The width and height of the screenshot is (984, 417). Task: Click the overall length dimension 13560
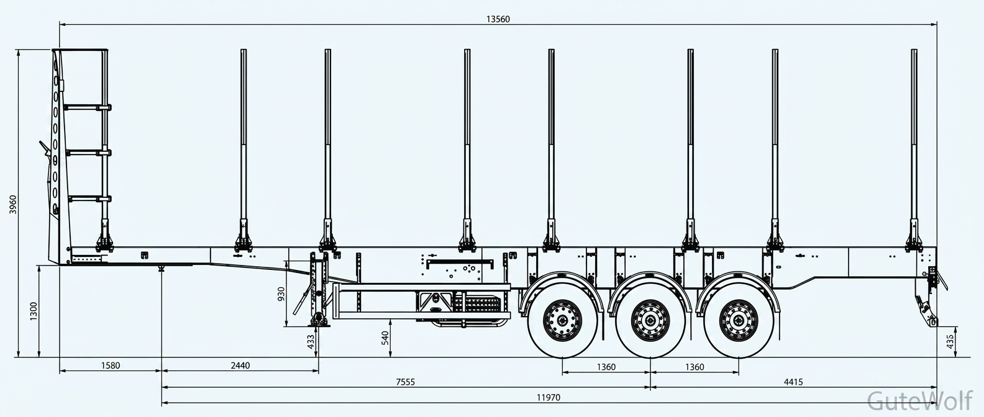[x=498, y=19]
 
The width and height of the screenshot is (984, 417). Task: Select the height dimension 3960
[x=13, y=205]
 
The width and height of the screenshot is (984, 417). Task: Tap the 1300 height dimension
[x=34, y=311]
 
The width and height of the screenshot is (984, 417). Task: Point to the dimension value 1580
[x=110, y=365]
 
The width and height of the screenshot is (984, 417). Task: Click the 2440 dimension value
[x=240, y=365]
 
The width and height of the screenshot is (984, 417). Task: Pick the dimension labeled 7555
[x=405, y=382]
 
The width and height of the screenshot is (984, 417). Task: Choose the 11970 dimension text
[x=549, y=398]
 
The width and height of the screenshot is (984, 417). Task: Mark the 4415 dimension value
[x=793, y=382]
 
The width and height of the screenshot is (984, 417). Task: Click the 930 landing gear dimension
[x=281, y=294]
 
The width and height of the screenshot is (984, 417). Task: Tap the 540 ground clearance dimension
[x=385, y=338]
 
